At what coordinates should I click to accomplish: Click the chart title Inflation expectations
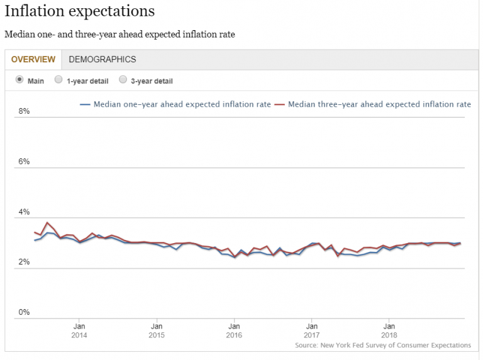[x=80, y=12]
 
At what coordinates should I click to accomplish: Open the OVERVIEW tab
[x=33, y=60]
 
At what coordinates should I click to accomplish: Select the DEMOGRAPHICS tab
[x=103, y=60]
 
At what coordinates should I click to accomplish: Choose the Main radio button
[x=19, y=80]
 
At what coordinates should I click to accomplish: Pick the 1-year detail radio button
[x=58, y=80]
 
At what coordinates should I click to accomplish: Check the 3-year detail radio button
[x=123, y=80]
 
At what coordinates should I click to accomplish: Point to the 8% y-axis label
[x=23, y=111]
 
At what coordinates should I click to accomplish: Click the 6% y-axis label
[x=23, y=161]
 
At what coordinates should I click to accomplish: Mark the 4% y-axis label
[x=23, y=212]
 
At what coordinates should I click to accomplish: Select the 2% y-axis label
[x=23, y=262]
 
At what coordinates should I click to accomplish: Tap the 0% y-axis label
[x=23, y=312]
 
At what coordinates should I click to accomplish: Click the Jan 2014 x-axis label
[x=80, y=331]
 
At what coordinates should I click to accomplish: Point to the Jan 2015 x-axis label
[x=157, y=331]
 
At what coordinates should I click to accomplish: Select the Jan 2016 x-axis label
[x=234, y=331]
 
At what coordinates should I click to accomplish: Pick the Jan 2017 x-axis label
[x=311, y=331]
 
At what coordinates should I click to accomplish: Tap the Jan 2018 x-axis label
[x=389, y=331]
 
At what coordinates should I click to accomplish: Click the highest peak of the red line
[x=48, y=222]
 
